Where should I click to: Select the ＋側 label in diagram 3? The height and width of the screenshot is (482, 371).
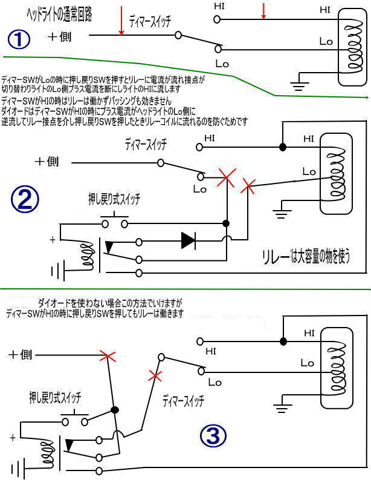[x=20, y=355]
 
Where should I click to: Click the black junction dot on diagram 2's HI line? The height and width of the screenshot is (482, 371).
[x=282, y=147]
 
